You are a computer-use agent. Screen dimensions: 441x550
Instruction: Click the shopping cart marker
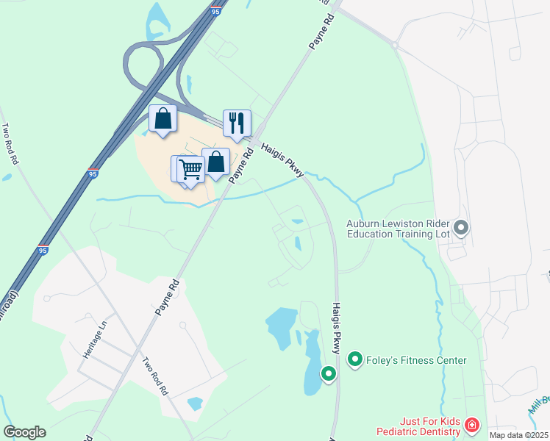tap(190, 169)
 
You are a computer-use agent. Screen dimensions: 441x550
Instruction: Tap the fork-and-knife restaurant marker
tap(237, 123)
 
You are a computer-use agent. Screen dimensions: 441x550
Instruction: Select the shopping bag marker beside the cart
tap(216, 162)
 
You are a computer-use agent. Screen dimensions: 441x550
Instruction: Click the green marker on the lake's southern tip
tap(328, 374)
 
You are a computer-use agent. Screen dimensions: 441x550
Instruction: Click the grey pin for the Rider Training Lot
tap(461, 227)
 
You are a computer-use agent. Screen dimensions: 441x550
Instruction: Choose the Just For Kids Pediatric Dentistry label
tap(418, 426)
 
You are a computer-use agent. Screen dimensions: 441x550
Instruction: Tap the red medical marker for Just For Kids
tap(471, 425)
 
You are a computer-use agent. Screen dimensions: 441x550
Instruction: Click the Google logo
tap(24, 432)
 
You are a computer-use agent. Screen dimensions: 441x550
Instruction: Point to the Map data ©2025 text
tap(519, 435)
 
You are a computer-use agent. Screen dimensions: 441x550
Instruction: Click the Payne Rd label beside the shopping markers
tap(240, 165)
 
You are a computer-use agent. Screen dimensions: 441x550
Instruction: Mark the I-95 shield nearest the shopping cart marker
tap(92, 173)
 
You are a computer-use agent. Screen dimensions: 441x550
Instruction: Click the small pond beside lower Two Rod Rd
tap(195, 404)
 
